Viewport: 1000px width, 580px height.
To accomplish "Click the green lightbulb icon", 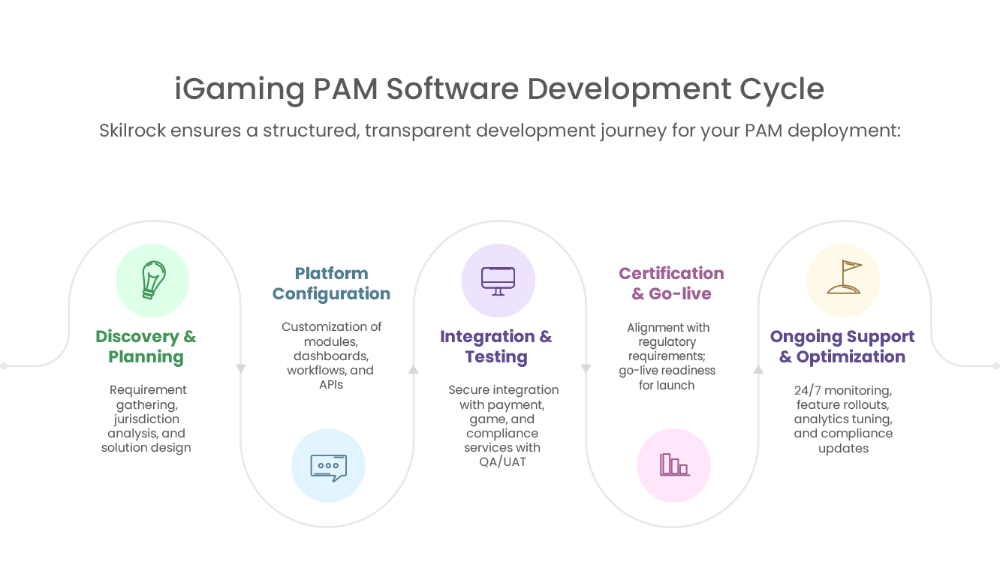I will pyautogui.click(x=152, y=280).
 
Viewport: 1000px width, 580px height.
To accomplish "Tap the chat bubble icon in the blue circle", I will pyautogui.click(x=328, y=465).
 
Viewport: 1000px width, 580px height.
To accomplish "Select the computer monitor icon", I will pyautogui.click(x=498, y=280).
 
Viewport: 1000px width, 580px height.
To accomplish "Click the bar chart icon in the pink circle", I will pyautogui.click(x=673, y=465).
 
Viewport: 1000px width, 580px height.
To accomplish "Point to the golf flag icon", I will pyautogui.click(x=843, y=278).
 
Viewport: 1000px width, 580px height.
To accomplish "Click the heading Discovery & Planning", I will pyautogui.click(x=146, y=346).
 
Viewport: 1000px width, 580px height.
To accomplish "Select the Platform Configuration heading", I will pyautogui.click(x=331, y=283).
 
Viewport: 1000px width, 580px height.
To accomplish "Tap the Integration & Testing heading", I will pyautogui.click(x=495, y=346).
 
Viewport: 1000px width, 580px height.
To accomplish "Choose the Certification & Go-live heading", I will pyautogui.click(x=671, y=283).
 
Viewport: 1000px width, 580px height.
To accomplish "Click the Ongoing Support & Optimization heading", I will pyautogui.click(x=842, y=346).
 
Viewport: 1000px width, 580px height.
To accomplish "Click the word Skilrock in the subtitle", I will pyautogui.click(x=131, y=131).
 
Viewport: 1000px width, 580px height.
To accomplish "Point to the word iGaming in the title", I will pyautogui.click(x=239, y=89).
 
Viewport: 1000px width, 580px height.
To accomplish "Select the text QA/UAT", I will pyautogui.click(x=502, y=462).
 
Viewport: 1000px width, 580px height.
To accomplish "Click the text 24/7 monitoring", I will pyautogui.click(x=842, y=390).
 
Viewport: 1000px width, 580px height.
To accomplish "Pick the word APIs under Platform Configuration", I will pyautogui.click(x=331, y=385).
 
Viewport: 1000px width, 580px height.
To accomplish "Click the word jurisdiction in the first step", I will pyautogui.click(x=146, y=419).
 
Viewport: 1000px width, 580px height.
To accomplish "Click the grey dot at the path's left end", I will pyautogui.click(x=4, y=366).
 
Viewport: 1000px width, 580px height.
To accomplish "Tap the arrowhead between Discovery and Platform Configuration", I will pyautogui.click(x=241, y=368).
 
